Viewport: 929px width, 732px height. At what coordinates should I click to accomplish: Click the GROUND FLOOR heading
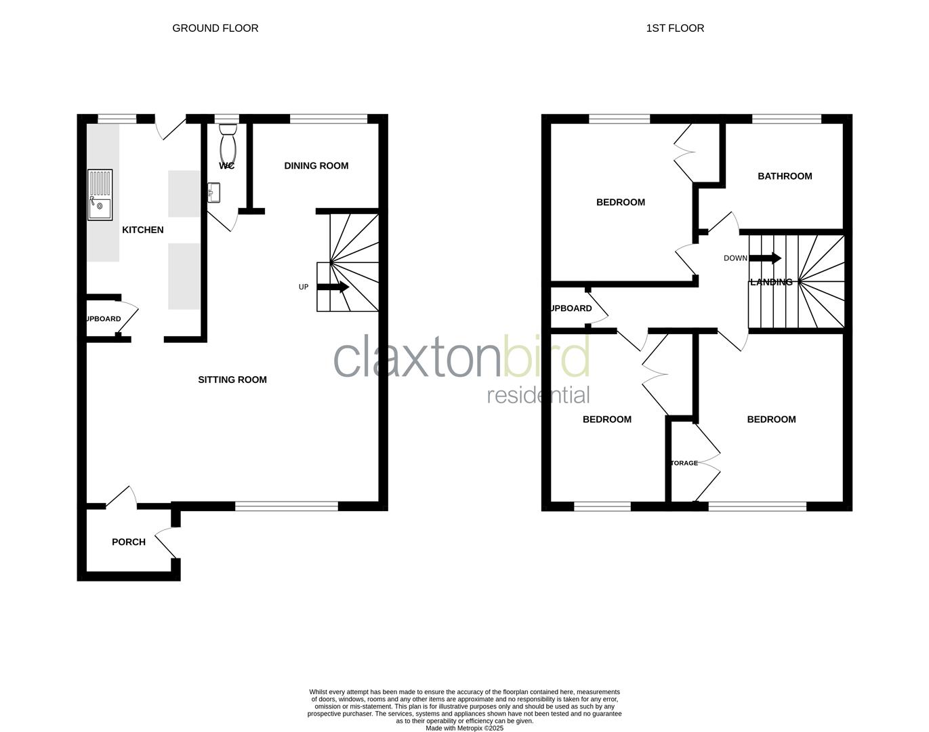click(x=215, y=28)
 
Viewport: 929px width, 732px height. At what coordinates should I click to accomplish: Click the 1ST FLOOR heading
click(x=675, y=28)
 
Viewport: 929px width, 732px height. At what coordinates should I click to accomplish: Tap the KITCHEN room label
click(x=142, y=230)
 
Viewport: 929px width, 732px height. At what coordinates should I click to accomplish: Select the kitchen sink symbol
click(x=100, y=195)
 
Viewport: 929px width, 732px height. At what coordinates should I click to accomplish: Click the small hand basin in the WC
click(x=214, y=192)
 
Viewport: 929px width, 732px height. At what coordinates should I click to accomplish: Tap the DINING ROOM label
click(x=316, y=165)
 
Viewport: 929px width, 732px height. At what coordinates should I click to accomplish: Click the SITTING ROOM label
click(x=232, y=380)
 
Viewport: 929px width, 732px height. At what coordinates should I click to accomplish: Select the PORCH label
click(x=129, y=542)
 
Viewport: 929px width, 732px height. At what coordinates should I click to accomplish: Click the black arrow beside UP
click(x=333, y=287)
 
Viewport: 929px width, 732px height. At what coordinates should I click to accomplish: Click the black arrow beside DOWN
click(x=765, y=258)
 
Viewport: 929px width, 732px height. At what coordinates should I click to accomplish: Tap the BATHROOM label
click(x=785, y=176)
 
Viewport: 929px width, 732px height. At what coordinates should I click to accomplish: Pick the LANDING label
click(x=771, y=282)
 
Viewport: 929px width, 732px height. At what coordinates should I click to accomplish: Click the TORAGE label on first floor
click(x=684, y=463)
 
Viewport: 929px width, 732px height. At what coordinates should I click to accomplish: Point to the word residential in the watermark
click(x=538, y=394)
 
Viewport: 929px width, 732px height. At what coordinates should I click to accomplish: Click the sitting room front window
click(x=286, y=506)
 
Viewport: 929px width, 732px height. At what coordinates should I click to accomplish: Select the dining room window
click(x=329, y=119)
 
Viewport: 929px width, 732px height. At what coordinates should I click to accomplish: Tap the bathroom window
click(x=786, y=119)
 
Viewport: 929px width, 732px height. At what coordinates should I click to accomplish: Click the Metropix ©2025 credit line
click(x=464, y=728)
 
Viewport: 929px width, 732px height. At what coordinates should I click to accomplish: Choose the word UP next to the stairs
click(x=304, y=287)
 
